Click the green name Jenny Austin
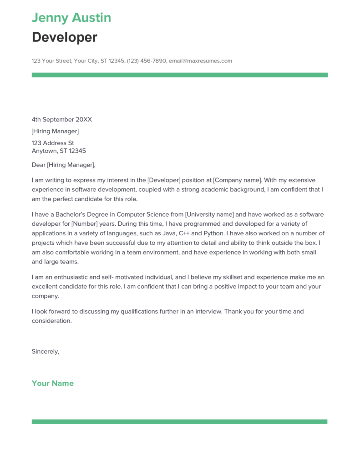71,18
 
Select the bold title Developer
65,37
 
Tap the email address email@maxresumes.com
200,61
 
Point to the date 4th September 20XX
62,120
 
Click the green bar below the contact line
179,75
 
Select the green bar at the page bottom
179,422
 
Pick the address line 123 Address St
53,143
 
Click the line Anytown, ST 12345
59,151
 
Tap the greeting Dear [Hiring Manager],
64,165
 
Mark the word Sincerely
46,351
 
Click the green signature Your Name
53,383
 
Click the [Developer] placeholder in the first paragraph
164,180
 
